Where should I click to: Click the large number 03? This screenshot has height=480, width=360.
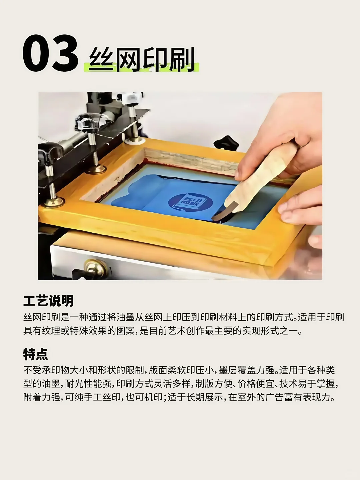pos(50,53)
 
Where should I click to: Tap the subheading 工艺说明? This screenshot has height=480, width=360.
pos(48,301)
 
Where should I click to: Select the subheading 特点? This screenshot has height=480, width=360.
pos(35,354)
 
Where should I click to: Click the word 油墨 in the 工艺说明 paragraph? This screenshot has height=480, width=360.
pos(126,317)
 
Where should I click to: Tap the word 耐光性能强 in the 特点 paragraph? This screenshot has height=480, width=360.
pos(88,384)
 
